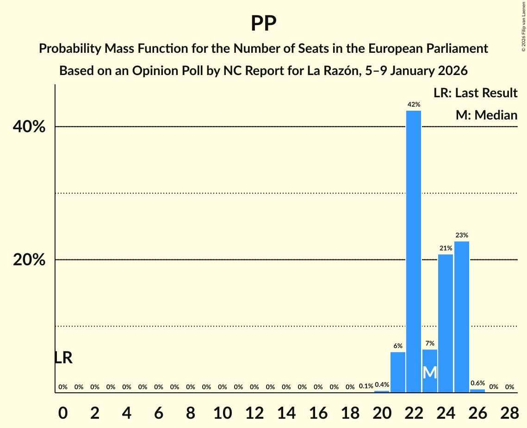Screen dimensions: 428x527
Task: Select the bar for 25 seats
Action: (462, 317)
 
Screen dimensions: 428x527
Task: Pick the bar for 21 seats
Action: (398, 372)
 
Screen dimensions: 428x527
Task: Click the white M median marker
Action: (430, 372)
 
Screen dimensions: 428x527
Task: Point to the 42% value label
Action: (414, 105)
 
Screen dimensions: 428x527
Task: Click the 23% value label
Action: (462, 235)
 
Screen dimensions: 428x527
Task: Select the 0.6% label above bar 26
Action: (477, 384)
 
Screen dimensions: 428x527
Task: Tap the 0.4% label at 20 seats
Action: (382, 384)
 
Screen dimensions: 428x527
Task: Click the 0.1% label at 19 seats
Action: (366, 386)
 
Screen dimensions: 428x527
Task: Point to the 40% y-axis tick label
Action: (29, 127)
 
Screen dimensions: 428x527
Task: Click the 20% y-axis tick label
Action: (29, 260)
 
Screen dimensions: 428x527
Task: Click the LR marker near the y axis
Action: (63, 358)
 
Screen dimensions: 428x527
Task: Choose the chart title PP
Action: (264, 23)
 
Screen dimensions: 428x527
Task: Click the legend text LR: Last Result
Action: (475, 93)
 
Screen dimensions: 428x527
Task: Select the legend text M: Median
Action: (486, 115)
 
